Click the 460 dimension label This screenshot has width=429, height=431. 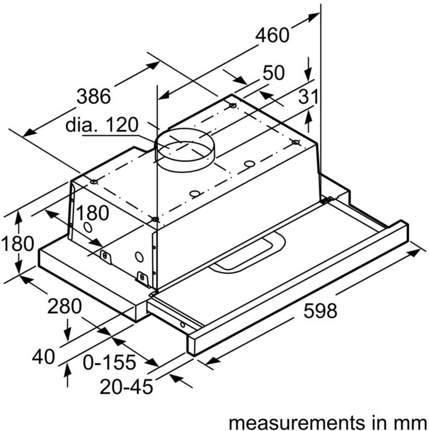(272, 35)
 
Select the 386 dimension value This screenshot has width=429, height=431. (94, 96)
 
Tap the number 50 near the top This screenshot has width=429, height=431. (274, 73)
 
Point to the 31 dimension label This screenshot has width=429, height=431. (308, 97)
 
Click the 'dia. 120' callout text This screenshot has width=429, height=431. (102, 125)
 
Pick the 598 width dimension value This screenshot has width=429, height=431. (320, 311)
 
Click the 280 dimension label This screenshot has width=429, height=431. (64, 306)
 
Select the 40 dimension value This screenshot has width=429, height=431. (44, 357)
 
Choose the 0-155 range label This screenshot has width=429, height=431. (109, 362)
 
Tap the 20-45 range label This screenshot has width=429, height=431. (126, 387)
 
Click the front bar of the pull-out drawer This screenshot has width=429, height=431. (299, 288)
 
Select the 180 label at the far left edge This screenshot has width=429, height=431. (18, 243)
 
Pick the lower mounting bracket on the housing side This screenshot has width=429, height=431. (143, 278)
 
